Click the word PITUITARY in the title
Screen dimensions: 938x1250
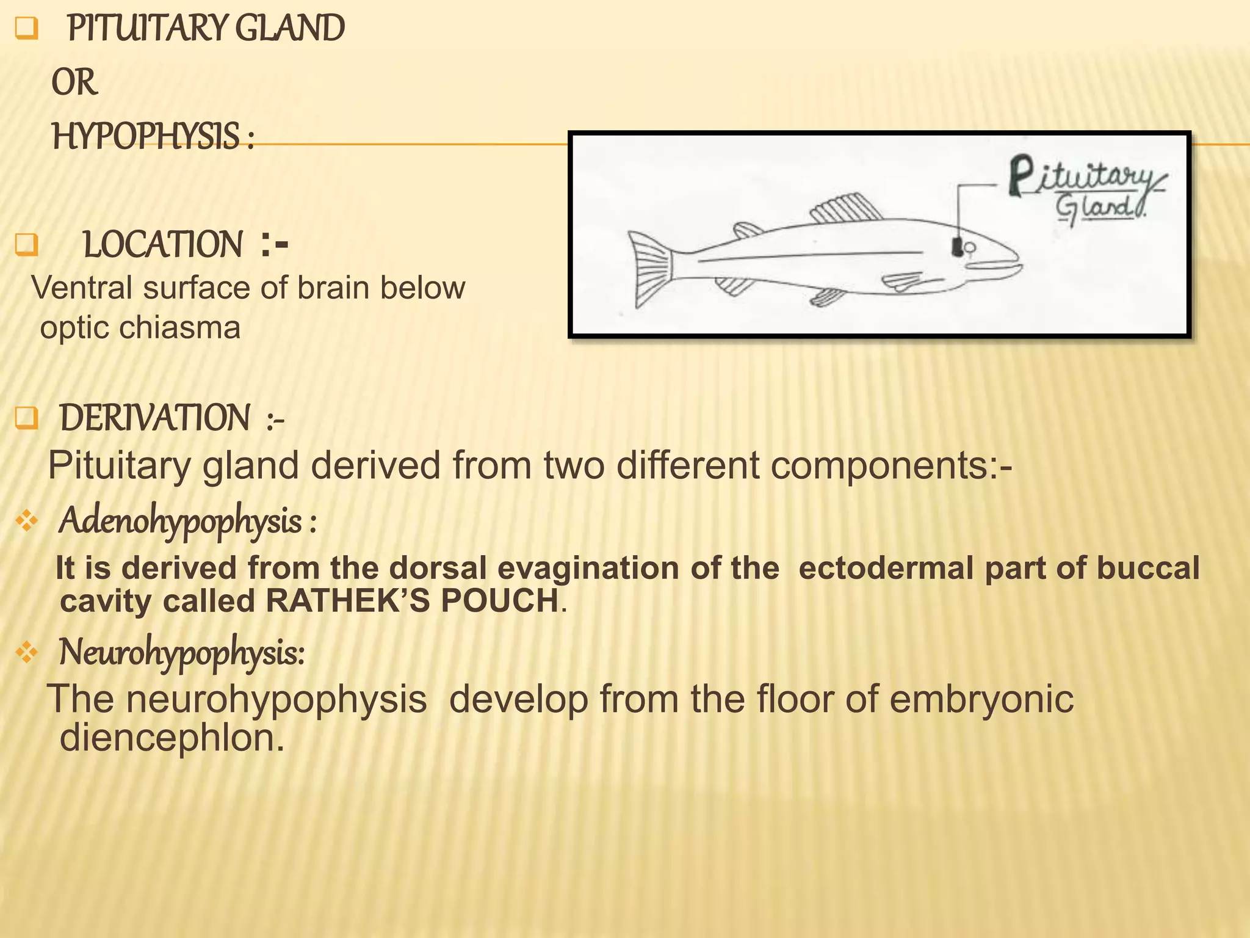pos(146,29)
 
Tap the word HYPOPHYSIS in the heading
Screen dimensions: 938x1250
pos(146,136)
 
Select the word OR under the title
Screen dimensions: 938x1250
pos(74,82)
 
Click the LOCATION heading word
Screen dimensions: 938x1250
pos(162,245)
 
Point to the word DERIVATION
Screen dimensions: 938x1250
pos(154,418)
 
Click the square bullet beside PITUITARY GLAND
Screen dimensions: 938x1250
pos(26,29)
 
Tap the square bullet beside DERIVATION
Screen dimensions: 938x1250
pos(26,419)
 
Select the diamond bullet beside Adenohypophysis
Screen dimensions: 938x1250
pos(27,521)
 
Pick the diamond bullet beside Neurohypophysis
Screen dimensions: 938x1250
pos(27,653)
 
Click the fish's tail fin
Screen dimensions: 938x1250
pos(651,269)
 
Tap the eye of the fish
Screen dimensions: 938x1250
pos(970,247)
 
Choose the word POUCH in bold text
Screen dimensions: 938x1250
pos(500,601)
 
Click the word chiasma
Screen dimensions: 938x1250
pos(179,328)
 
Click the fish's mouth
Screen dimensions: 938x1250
pos(995,265)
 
